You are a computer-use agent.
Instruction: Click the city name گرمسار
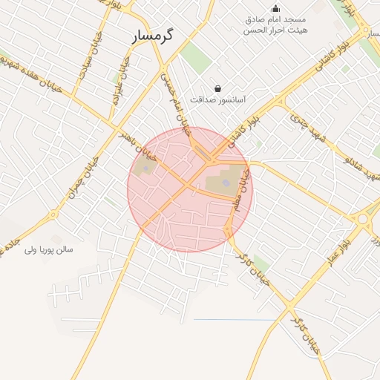click(153, 36)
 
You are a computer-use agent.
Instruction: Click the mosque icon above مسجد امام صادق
click(276, 8)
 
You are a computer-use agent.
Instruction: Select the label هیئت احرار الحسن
click(276, 31)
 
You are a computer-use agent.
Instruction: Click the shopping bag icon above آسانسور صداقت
click(217, 88)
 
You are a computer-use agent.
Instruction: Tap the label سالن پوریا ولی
click(49, 249)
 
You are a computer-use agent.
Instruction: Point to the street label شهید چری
click(300, 123)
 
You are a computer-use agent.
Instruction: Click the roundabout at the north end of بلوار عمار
click(363, 219)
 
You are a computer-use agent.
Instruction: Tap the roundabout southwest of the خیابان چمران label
click(53, 215)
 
